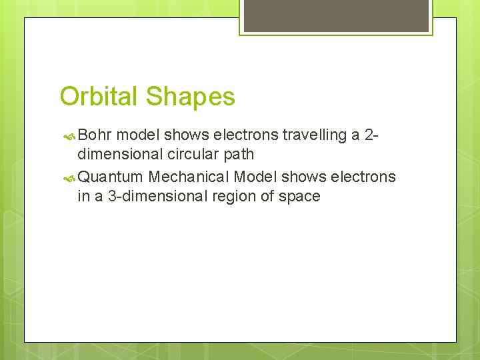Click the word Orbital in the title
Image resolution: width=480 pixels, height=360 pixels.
click(100, 97)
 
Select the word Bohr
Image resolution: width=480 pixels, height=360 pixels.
click(99, 135)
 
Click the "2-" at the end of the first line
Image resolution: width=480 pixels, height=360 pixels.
click(373, 135)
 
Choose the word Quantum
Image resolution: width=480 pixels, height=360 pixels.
click(111, 177)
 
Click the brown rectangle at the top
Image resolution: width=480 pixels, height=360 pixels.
click(335, 15)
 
